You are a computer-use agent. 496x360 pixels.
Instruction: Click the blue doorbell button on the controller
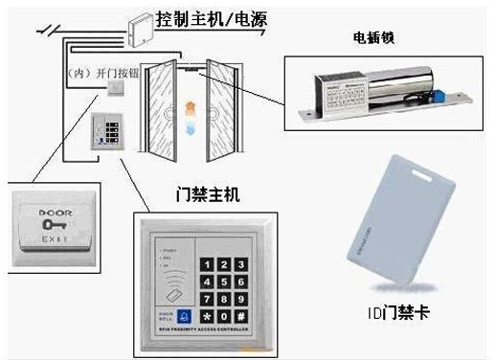[186, 314]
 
